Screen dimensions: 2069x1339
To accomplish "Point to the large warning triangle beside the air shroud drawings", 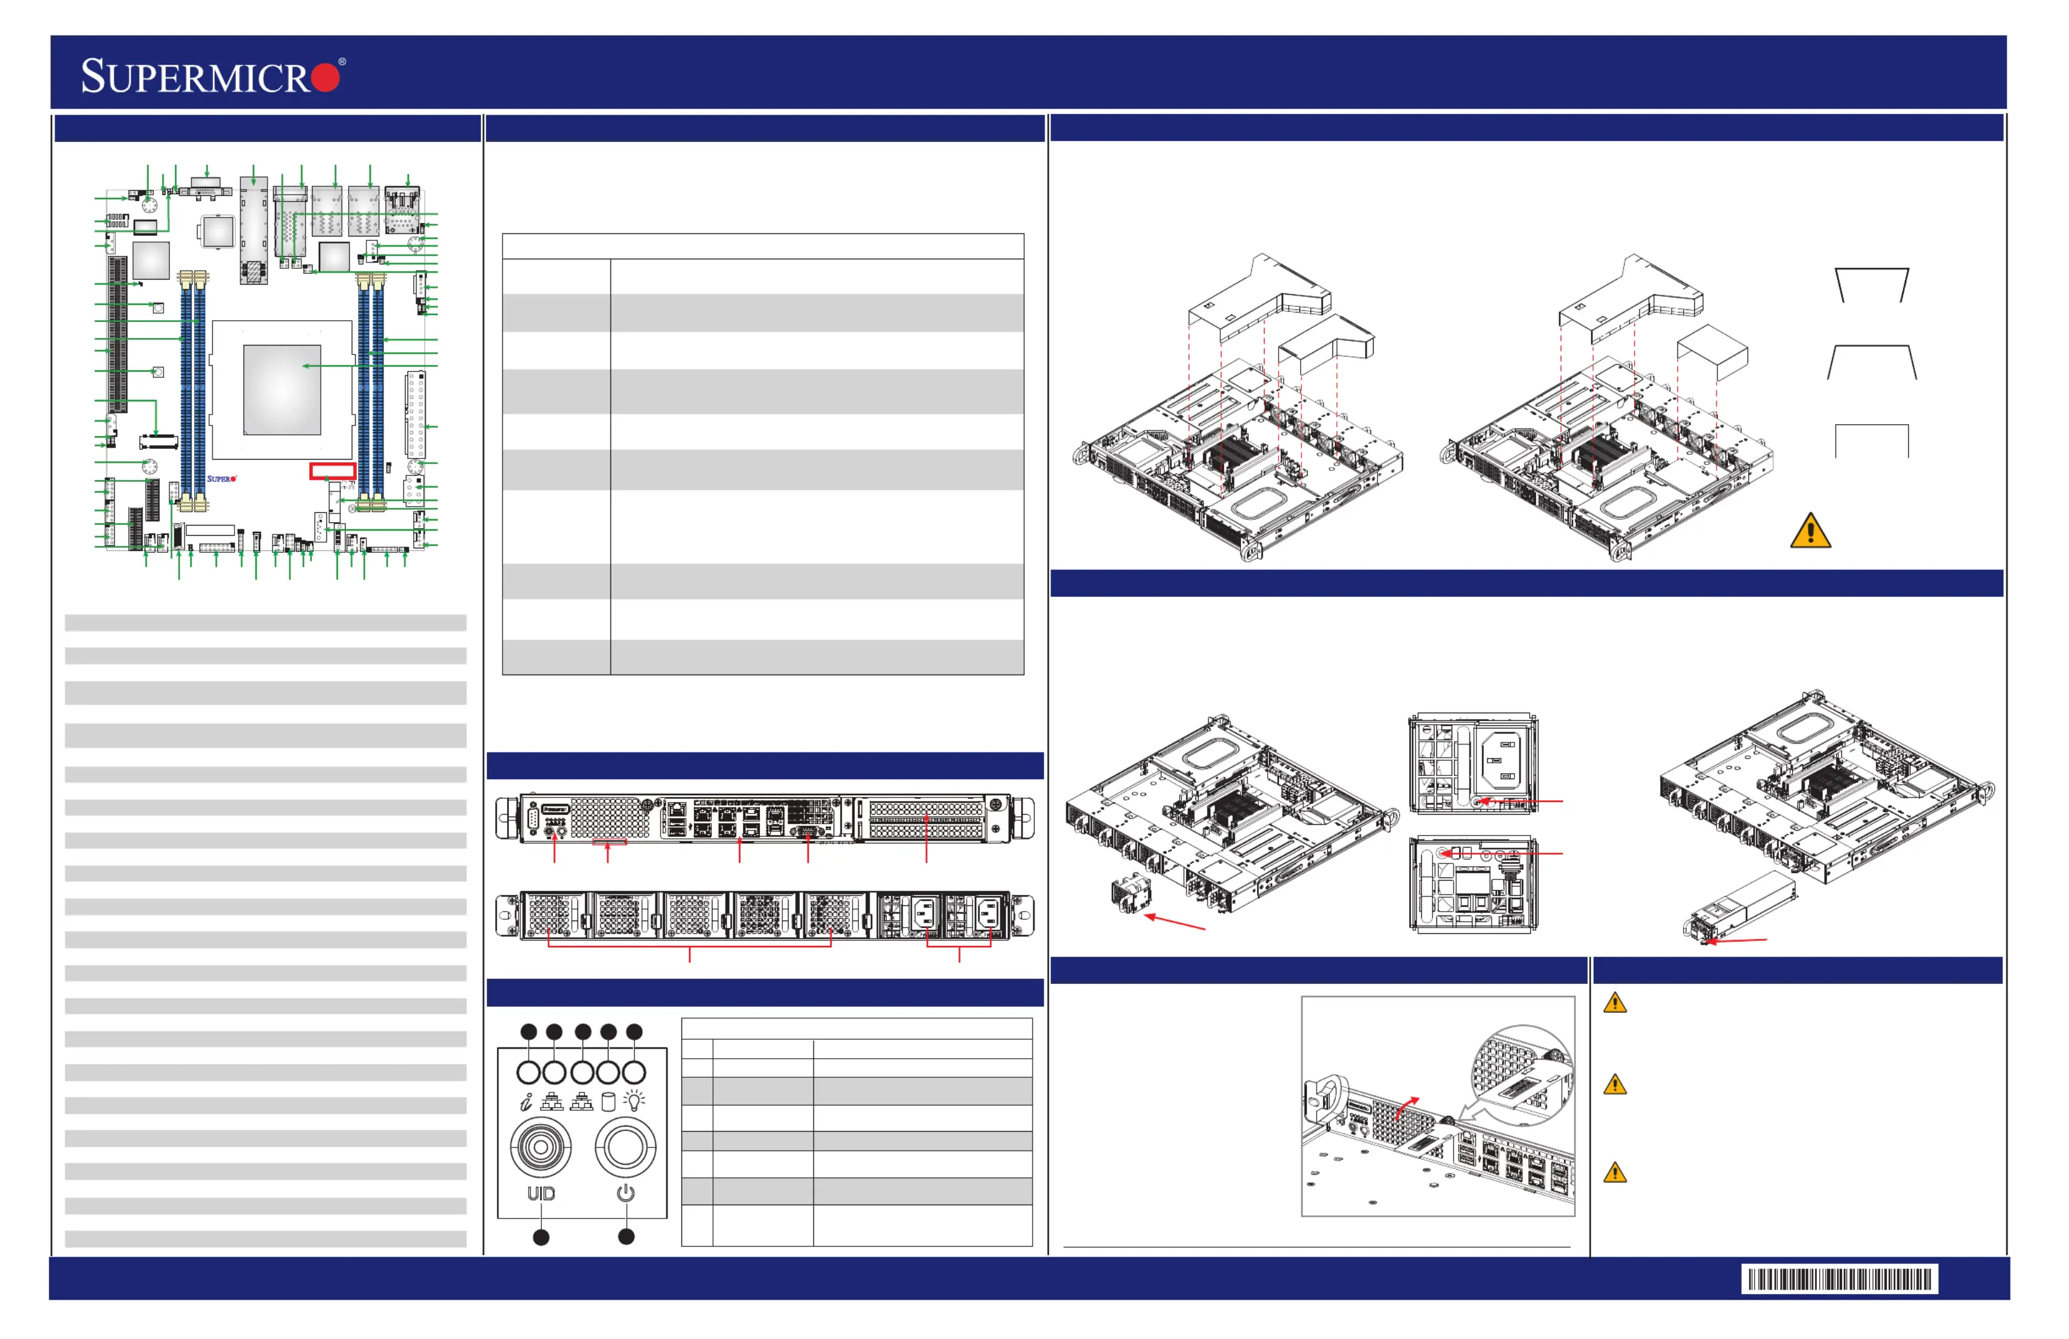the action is tap(1811, 531).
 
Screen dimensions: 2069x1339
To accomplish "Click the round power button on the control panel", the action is tap(625, 1148).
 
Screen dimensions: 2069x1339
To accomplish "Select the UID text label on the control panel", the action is tap(541, 1194).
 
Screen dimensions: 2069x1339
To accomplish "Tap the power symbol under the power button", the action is tap(626, 1193).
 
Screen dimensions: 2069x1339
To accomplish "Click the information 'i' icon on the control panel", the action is tap(526, 1103).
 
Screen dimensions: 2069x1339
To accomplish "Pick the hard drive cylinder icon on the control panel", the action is tap(609, 1102).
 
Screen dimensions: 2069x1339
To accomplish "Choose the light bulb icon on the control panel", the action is tap(636, 1101).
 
